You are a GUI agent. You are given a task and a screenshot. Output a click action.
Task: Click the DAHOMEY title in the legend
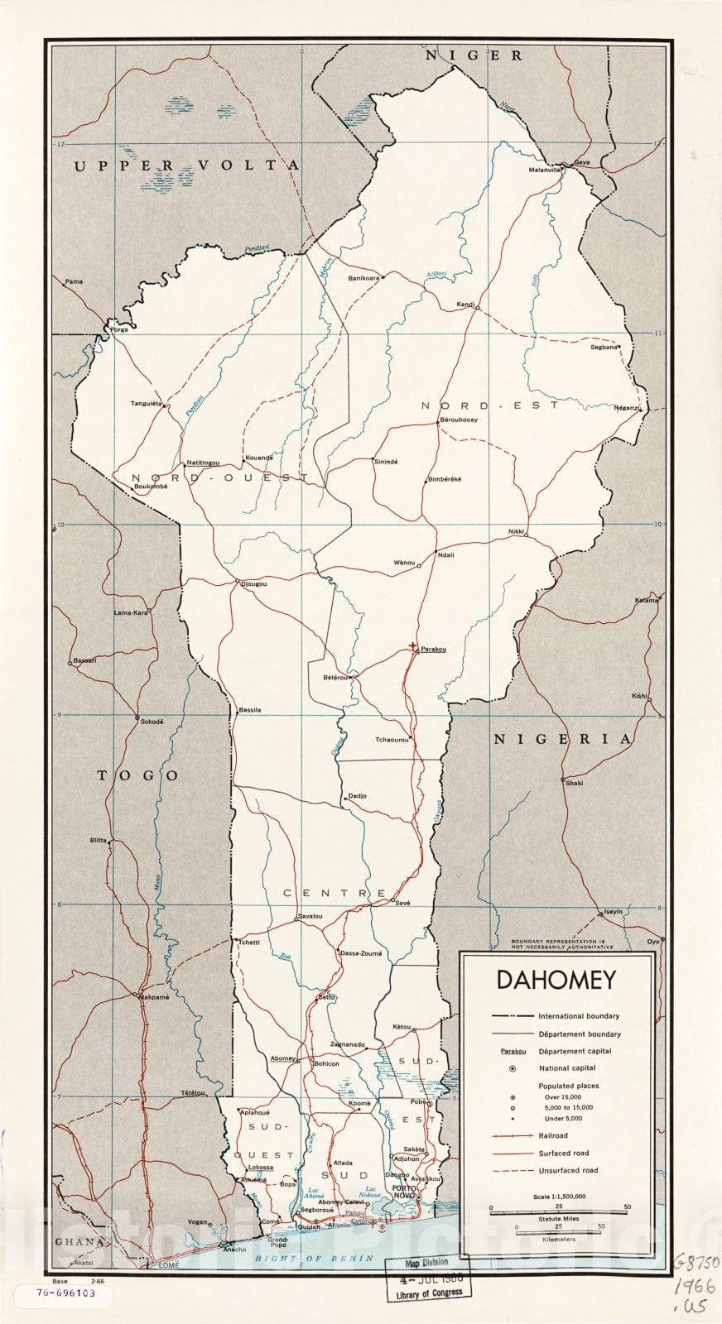pyautogui.click(x=556, y=980)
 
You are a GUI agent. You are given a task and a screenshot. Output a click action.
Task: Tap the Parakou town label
pyautogui.click(x=433, y=650)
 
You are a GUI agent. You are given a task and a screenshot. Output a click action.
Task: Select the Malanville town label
pyautogui.click(x=546, y=170)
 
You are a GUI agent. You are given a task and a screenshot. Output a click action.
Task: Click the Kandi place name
pyautogui.click(x=465, y=305)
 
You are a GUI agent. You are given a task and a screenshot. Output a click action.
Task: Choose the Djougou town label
pyautogui.click(x=254, y=584)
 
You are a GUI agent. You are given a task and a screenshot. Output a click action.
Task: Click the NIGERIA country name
pyautogui.click(x=562, y=739)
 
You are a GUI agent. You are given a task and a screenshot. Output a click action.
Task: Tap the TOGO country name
pyautogui.click(x=138, y=775)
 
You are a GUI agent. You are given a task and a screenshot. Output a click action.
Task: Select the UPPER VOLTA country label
pyautogui.click(x=186, y=165)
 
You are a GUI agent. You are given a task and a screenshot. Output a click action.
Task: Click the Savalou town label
pyautogui.click(x=310, y=916)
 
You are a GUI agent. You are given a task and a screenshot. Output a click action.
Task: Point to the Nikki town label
pyautogui.click(x=517, y=531)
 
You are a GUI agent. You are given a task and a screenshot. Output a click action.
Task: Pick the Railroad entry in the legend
pyautogui.click(x=553, y=1136)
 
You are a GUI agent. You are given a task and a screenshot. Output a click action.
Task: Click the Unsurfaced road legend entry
pyautogui.click(x=568, y=1170)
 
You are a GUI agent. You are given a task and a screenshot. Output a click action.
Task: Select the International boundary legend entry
pyautogui.click(x=579, y=1016)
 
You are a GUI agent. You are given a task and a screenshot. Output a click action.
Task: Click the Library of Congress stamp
pyautogui.click(x=430, y=1278)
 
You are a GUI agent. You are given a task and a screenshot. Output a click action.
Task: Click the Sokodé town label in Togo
pyautogui.click(x=152, y=722)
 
